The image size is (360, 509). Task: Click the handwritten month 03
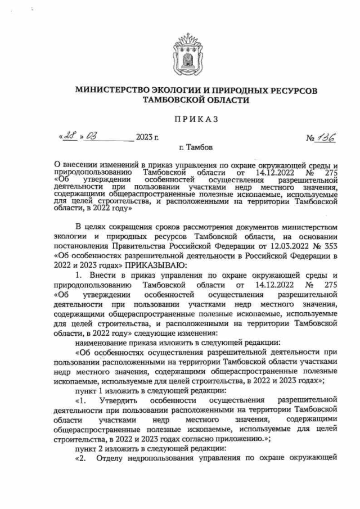92,137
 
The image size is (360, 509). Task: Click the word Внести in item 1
103,275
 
